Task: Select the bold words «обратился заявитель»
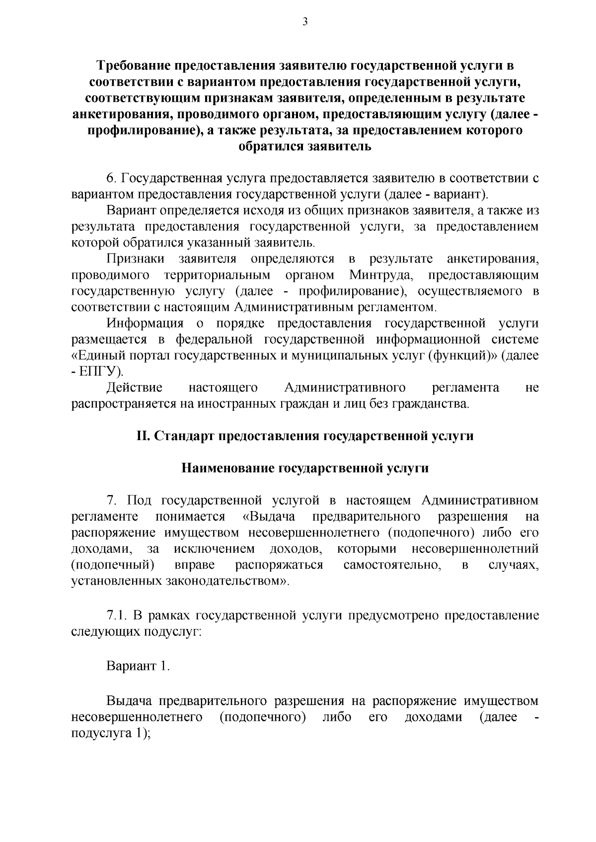pos(305,147)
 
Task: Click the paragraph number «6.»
pos(111,178)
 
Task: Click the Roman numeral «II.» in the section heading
pos(143,436)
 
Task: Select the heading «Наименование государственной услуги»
pos(305,468)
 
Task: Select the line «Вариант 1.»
pos(138,666)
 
